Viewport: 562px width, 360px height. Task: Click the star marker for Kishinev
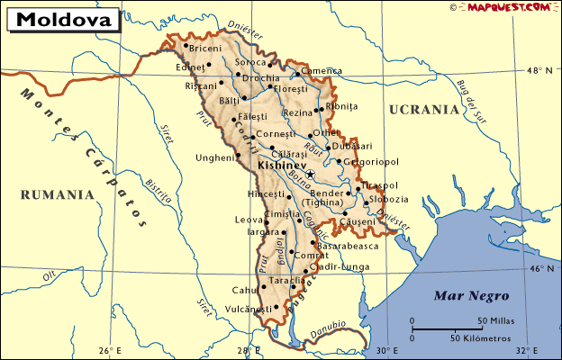tap(310, 174)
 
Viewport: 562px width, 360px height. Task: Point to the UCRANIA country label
tap(423, 109)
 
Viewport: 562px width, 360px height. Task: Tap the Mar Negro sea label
tap(471, 295)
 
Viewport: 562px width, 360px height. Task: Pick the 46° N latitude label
tap(540, 268)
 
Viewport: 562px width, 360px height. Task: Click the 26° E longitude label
tap(110, 350)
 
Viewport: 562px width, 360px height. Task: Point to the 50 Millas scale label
tap(494, 320)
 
